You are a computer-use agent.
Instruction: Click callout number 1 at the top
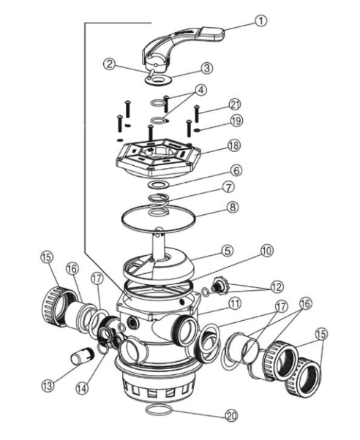coord(261,20)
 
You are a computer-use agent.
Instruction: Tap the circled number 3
coord(207,68)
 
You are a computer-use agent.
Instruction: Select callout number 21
coord(235,105)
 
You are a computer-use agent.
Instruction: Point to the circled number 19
coord(236,121)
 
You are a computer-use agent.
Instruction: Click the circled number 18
coord(234,145)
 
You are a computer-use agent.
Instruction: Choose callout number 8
coord(233,208)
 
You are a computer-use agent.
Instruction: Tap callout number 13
coord(48,385)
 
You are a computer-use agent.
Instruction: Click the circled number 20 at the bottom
coord(232,415)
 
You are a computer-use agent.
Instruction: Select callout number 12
coord(277,287)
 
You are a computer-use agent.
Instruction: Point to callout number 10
coord(267,250)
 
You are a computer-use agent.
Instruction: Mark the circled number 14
coord(82,388)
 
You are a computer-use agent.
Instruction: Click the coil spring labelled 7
coord(159,205)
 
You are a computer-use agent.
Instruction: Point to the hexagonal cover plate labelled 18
coord(158,159)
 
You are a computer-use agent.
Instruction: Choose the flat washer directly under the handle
coord(159,80)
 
